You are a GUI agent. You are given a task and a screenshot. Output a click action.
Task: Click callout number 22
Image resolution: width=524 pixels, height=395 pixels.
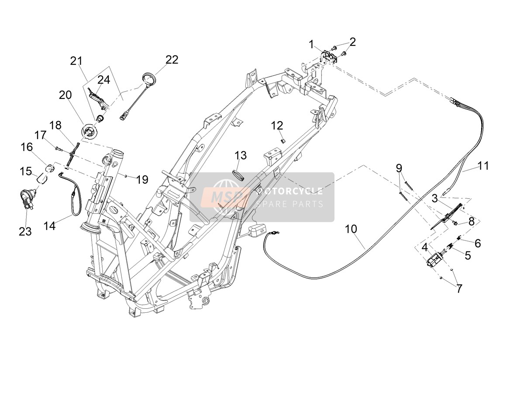tap(172, 60)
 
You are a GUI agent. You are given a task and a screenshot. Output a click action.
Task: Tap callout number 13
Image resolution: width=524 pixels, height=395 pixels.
tap(241, 155)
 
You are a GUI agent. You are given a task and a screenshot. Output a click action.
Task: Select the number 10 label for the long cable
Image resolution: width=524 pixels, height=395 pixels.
tap(351, 229)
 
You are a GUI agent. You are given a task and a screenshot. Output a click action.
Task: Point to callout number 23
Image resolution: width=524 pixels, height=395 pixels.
tap(25, 231)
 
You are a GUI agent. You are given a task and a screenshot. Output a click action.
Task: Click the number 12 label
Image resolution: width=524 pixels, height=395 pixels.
tap(277, 126)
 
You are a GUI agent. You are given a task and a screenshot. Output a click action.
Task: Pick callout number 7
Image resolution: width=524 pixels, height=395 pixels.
tap(459, 288)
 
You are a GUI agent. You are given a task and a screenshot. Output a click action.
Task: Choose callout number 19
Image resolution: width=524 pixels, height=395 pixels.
tap(142, 180)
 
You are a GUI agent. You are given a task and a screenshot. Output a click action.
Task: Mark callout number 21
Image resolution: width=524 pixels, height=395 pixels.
tap(76, 61)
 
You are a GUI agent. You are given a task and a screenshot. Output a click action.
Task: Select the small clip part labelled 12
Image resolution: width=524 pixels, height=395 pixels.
tap(283, 141)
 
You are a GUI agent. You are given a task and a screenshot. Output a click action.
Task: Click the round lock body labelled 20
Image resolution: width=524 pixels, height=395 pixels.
tap(89, 133)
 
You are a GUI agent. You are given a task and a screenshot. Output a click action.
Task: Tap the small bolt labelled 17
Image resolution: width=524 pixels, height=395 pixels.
tap(58, 149)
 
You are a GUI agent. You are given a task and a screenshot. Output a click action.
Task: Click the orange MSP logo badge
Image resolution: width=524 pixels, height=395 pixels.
tap(225, 197)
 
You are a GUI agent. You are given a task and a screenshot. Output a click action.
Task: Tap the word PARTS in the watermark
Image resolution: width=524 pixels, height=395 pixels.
tap(308, 204)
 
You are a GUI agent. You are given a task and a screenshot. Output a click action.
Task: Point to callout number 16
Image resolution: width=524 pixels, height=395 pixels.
tap(27, 147)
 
